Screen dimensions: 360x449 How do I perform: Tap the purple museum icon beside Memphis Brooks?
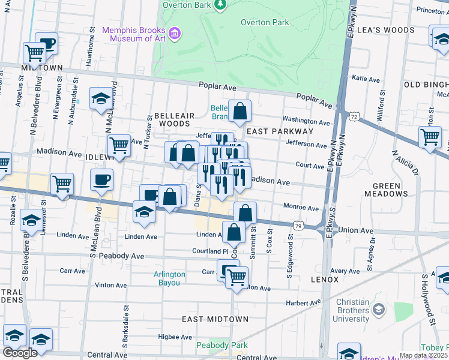(x=175, y=32)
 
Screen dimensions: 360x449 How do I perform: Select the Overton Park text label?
(x=265, y=23)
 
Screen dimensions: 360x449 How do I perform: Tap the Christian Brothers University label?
(x=344, y=310)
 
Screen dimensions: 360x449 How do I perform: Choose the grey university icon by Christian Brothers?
(x=378, y=310)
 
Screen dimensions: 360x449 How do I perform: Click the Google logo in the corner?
(x=20, y=352)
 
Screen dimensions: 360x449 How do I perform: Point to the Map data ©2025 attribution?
(x=423, y=355)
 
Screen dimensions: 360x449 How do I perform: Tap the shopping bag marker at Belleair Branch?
(x=240, y=112)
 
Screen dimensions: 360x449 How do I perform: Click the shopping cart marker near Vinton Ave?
(x=237, y=277)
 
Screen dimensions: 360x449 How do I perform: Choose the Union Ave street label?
(x=356, y=230)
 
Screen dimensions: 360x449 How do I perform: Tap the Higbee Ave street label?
(x=173, y=337)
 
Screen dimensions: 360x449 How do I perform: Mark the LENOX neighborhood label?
(x=325, y=280)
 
